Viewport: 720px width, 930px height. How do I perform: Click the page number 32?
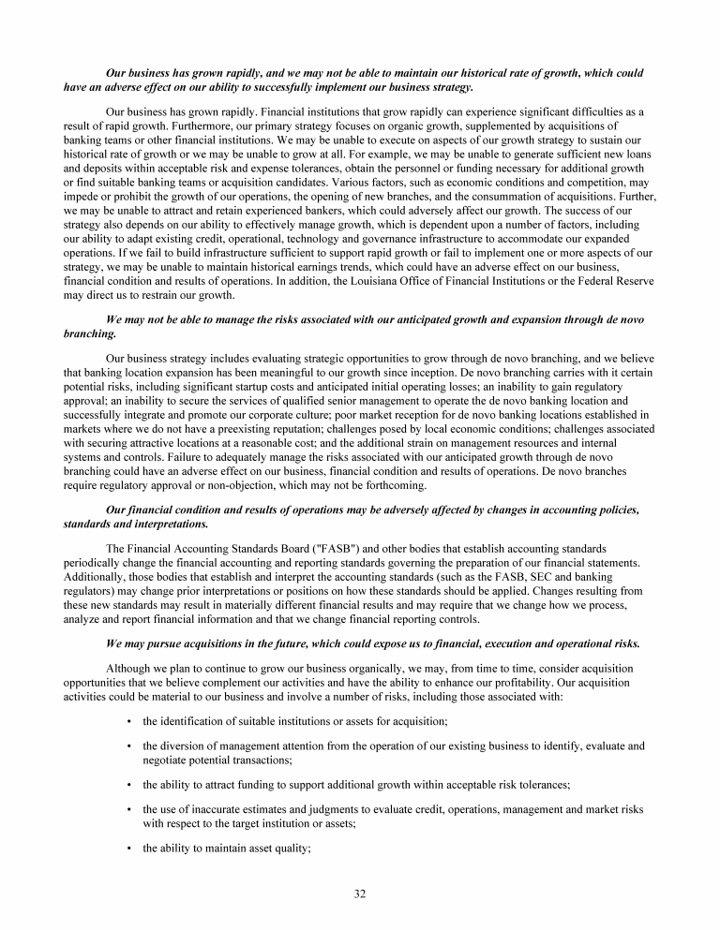(359, 893)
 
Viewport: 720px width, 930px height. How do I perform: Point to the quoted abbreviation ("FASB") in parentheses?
(319, 547)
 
